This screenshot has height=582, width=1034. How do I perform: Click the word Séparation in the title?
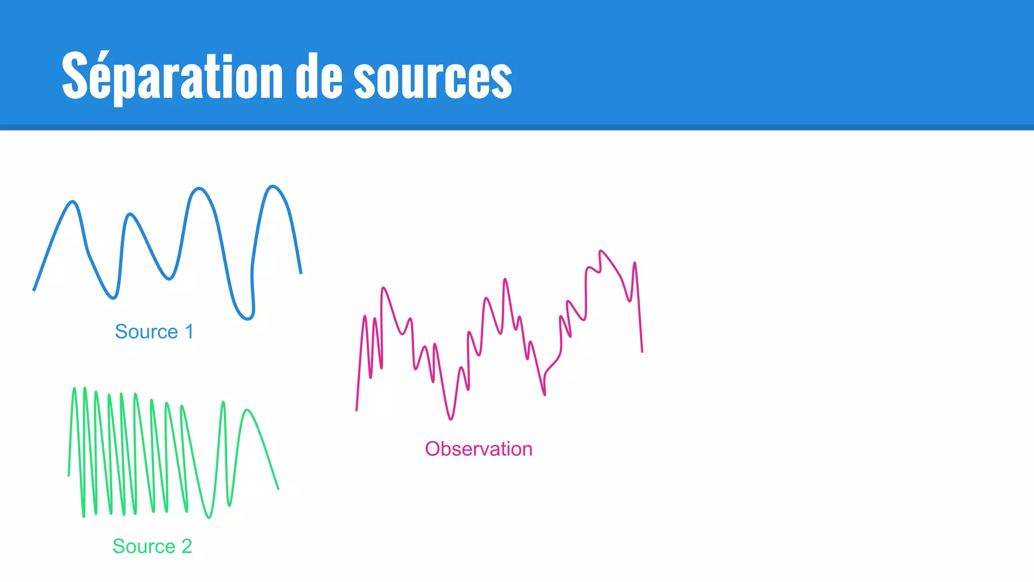[x=172, y=76]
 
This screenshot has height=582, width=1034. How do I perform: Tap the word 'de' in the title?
[x=319, y=76]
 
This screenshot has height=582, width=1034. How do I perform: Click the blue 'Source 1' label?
[x=154, y=332]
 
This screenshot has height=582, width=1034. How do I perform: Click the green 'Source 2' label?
[x=152, y=547]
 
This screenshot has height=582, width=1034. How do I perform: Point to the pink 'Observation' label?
[x=479, y=449]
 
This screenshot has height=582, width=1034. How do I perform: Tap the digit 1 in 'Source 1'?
[x=189, y=332]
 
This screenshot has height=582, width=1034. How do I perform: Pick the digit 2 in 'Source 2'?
[x=187, y=547]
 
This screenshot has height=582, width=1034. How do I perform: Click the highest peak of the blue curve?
[x=273, y=187]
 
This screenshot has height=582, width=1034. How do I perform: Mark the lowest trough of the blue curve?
[x=247, y=319]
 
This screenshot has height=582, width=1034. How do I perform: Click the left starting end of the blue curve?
[x=34, y=290]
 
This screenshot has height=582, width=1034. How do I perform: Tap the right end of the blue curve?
[x=301, y=273]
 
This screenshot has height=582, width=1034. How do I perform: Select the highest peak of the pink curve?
[x=600, y=251]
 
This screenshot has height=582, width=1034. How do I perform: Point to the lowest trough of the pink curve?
[x=451, y=419]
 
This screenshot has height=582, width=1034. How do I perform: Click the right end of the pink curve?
[x=642, y=352]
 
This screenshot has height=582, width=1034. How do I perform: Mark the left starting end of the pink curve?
[x=356, y=411]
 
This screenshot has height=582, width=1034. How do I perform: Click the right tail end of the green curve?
[x=278, y=489]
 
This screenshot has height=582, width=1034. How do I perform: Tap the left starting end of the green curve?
[x=69, y=476]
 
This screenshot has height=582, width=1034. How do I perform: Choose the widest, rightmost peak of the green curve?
[x=247, y=410]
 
